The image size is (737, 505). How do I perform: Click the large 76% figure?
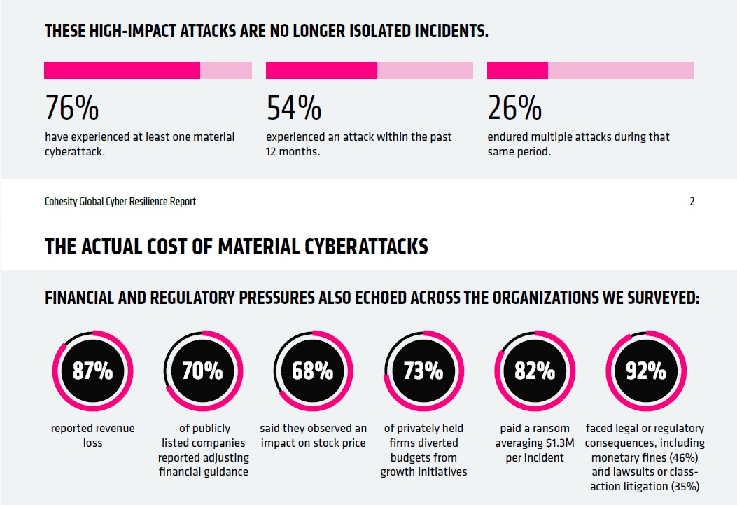[x=71, y=108]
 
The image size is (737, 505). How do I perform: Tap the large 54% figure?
[x=293, y=108]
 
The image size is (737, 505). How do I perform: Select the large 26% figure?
[x=514, y=108]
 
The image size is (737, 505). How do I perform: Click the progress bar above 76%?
[x=148, y=70]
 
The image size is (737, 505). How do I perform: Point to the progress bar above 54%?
[x=370, y=70]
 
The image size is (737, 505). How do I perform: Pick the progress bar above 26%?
[x=590, y=70]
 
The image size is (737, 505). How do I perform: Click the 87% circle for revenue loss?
[x=92, y=371]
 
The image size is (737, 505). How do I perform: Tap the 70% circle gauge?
[x=202, y=371]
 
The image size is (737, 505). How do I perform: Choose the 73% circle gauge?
[x=423, y=371]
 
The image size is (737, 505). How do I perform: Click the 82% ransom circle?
[x=534, y=371]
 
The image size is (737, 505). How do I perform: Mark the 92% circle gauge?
[x=645, y=371]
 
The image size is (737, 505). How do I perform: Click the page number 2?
[x=692, y=202]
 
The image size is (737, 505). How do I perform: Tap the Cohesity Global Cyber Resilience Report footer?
[x=120, y=202]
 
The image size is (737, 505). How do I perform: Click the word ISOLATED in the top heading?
[x=358, y=32]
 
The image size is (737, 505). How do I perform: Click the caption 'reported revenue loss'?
[x=92, y=435]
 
